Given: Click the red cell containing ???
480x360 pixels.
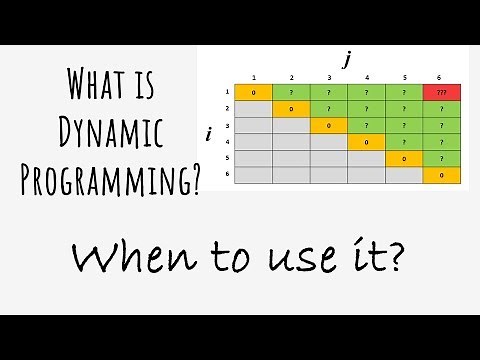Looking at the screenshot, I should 441,93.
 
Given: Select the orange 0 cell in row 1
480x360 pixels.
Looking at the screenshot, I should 254,93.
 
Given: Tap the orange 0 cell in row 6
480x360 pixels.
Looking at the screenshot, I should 441,175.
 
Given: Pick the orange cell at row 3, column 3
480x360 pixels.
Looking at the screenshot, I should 329,126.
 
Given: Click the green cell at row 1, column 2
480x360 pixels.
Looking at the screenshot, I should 291,93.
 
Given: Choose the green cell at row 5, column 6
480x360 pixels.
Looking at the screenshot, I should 441,159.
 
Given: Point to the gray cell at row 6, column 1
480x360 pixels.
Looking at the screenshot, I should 254,175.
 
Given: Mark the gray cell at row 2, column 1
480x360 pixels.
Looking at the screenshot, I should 254,109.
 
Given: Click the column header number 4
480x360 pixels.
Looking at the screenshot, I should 366,78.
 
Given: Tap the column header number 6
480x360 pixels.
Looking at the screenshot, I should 441,78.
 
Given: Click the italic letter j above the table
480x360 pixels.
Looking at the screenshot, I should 347,60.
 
